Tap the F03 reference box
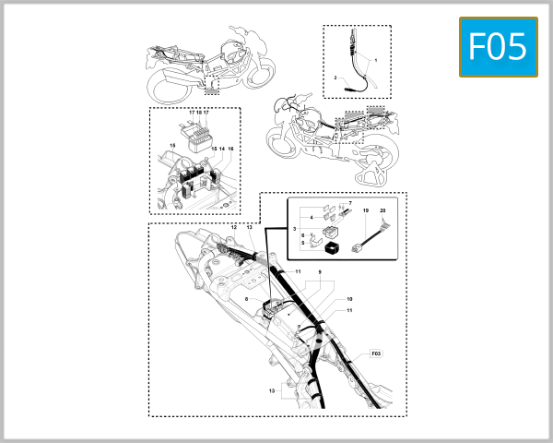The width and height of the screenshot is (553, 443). (x=375, y=353)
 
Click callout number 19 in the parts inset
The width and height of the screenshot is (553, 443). (x=365, y=211)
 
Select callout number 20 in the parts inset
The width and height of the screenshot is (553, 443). (x=383, y=211)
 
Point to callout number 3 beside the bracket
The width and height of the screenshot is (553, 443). (x=295, y=227)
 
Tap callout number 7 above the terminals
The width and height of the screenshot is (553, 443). (x=350, y=202)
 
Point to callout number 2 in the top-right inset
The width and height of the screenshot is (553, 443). (x=336, y=78)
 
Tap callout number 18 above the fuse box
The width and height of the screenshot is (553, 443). (x=199, y=112)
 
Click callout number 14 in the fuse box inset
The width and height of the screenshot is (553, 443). (x=221, y=149)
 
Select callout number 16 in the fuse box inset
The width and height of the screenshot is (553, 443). (x=230, y=149)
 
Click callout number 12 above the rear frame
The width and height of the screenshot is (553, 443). (x=234, y=227)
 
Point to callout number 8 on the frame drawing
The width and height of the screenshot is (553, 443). (x=247, y=300)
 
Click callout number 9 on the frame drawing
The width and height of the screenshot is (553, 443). (x=320, y=272)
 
